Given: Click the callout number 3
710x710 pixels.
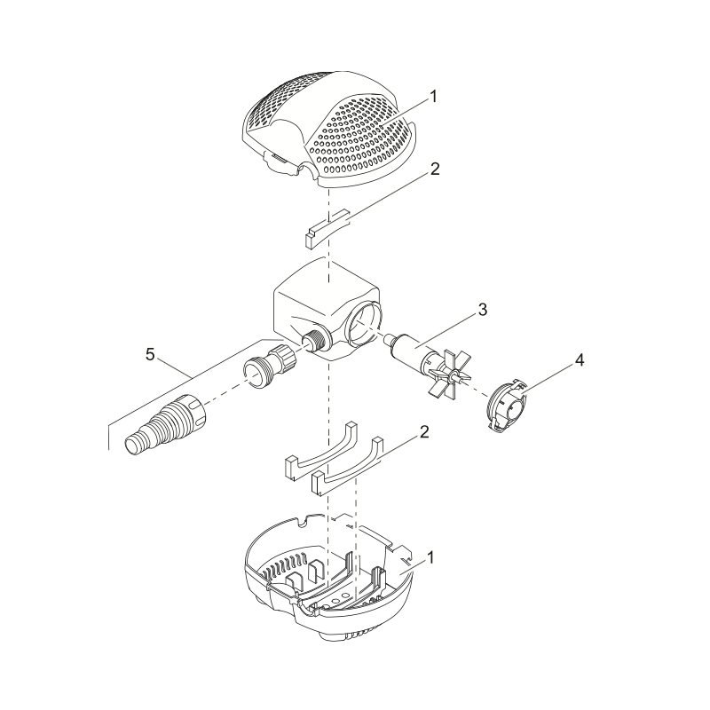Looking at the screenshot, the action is click(x=483, y=310).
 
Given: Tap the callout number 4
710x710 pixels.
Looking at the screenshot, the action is click(x=580, y=360).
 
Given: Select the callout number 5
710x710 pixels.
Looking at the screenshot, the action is click(x=150, y=354).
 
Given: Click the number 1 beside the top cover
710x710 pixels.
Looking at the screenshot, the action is click(x=433, y=97).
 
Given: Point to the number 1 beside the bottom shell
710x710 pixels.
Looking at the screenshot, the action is click(x=430, y=557).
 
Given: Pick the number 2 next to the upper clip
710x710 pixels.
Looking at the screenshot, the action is click(x=435, y=169).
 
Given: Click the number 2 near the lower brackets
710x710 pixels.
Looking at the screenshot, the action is click(x=424, y=432).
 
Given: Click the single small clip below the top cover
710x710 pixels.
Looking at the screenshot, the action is click(x=327, y=229).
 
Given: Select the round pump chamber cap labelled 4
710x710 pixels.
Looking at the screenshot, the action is click(x=507, y=407).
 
